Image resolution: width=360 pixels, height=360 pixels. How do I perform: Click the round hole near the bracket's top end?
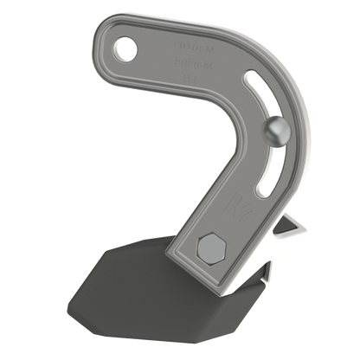[128, 48]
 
